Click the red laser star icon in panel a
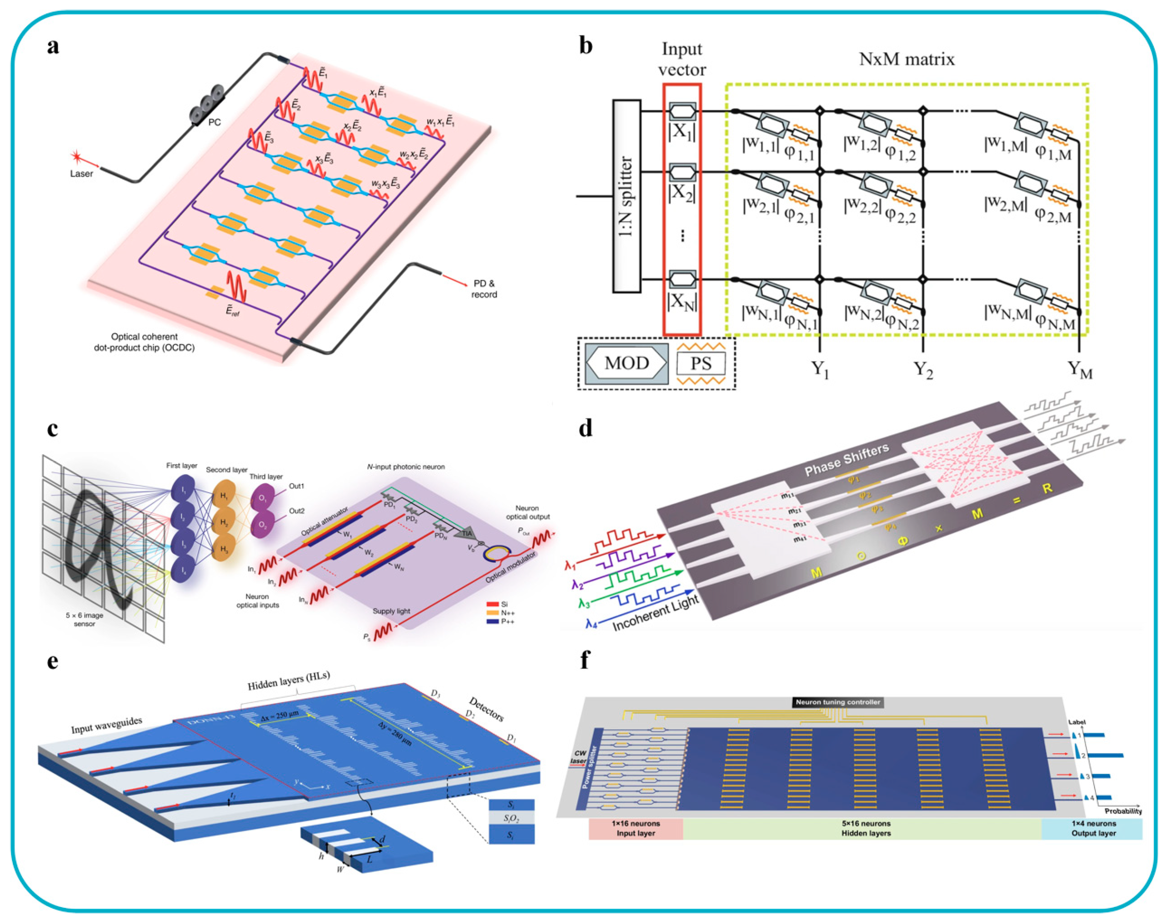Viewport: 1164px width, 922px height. [76, 157]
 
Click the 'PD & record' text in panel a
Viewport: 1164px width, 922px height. [484, 289]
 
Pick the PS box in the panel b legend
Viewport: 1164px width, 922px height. [701, 363]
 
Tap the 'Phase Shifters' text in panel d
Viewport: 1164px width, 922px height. [846, 460]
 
